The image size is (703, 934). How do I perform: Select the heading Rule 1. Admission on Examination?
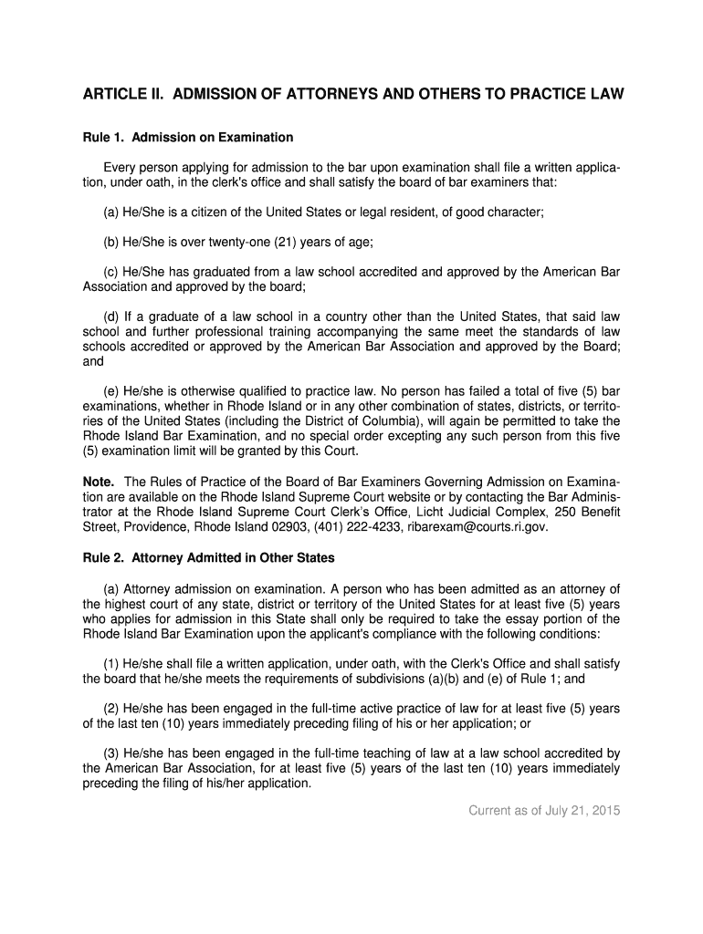click(188, 138)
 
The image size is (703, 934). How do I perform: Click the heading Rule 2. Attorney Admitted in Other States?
click(209, 558)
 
